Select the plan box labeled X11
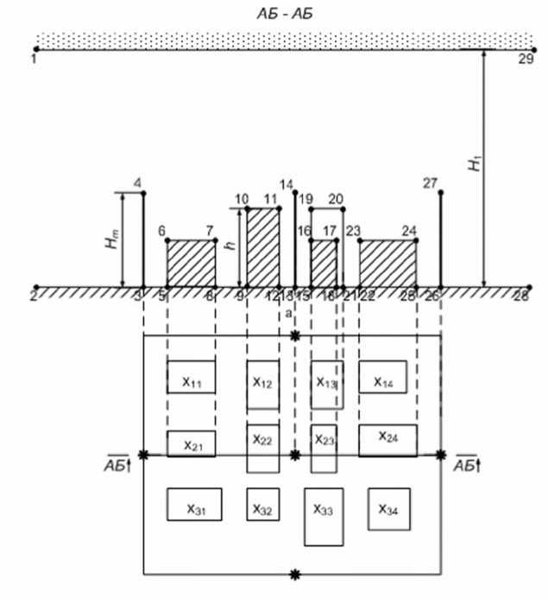[191, 377]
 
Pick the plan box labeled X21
[191, 443]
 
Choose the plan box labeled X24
[387, 439]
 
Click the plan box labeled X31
[194, 505]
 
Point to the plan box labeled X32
[263, 505]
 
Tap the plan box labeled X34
[388, 506]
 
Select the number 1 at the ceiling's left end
[33, 61]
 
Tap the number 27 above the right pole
[431, 182]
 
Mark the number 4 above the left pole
[138, 182]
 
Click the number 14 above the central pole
[287, 183]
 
